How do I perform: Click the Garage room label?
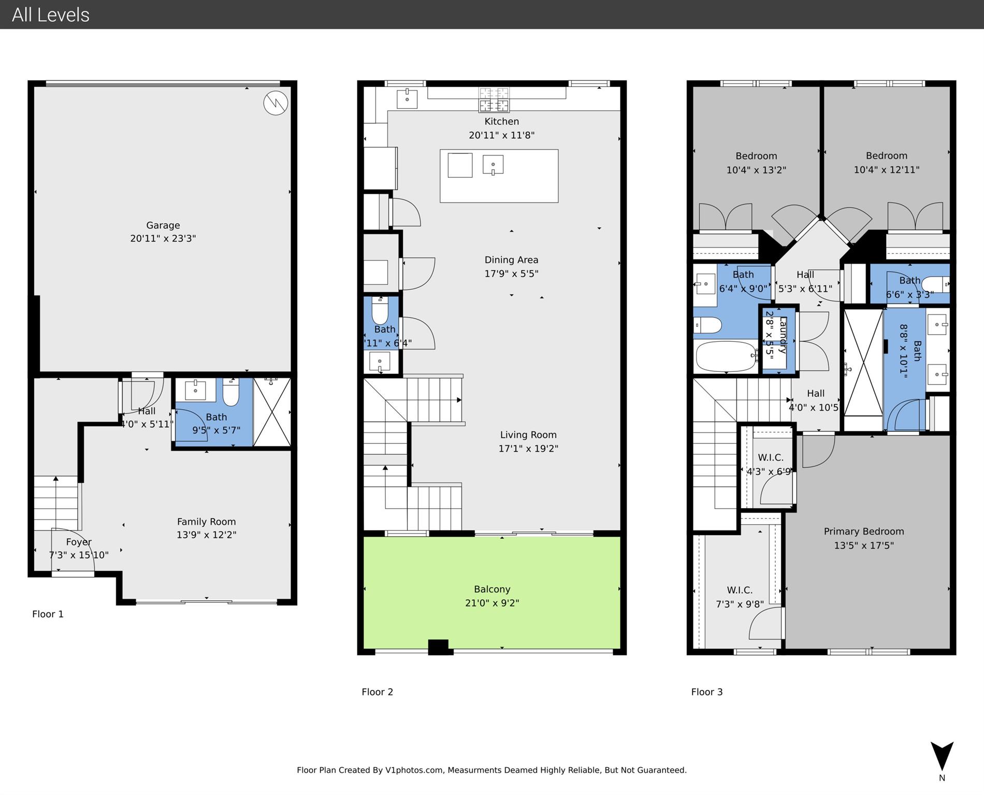pos(163,225)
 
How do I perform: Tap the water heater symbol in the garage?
pos(276,103)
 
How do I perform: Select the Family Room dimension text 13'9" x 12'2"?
pos(206,535)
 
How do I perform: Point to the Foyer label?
pos(79,542)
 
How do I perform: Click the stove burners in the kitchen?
pos(494,100)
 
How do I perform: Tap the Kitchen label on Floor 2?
pos(501,122)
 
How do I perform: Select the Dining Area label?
pos(511,260)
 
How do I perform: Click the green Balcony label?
pos(492,589)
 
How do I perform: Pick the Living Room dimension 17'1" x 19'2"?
pos(528,449)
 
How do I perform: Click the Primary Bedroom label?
pos(863,531)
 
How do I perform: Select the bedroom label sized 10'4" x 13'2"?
pos(756,156)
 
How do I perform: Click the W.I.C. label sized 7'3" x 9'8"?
pos(740,590)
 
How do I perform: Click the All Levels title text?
pos(51,15)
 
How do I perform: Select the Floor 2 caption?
pos(377,692)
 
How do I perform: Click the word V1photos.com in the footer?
pos(414,770)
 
